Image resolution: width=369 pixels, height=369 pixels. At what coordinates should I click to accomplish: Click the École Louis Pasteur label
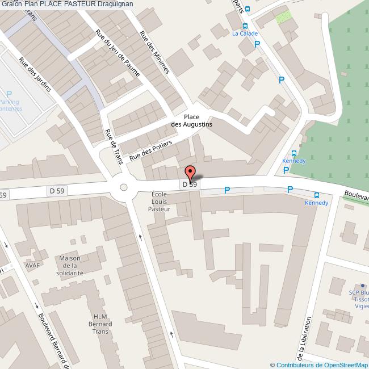159,202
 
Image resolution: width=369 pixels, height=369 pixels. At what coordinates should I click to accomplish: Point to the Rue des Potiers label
150,150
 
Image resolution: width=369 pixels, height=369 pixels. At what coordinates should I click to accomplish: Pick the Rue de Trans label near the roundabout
114,146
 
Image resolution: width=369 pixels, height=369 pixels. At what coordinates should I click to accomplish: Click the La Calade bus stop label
245,33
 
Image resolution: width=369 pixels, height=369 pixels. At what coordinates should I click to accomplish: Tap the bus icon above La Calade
245,26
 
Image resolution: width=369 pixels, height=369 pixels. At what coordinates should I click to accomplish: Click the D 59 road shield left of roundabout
57,191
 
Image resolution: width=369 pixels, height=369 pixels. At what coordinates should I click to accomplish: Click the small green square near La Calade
283,17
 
